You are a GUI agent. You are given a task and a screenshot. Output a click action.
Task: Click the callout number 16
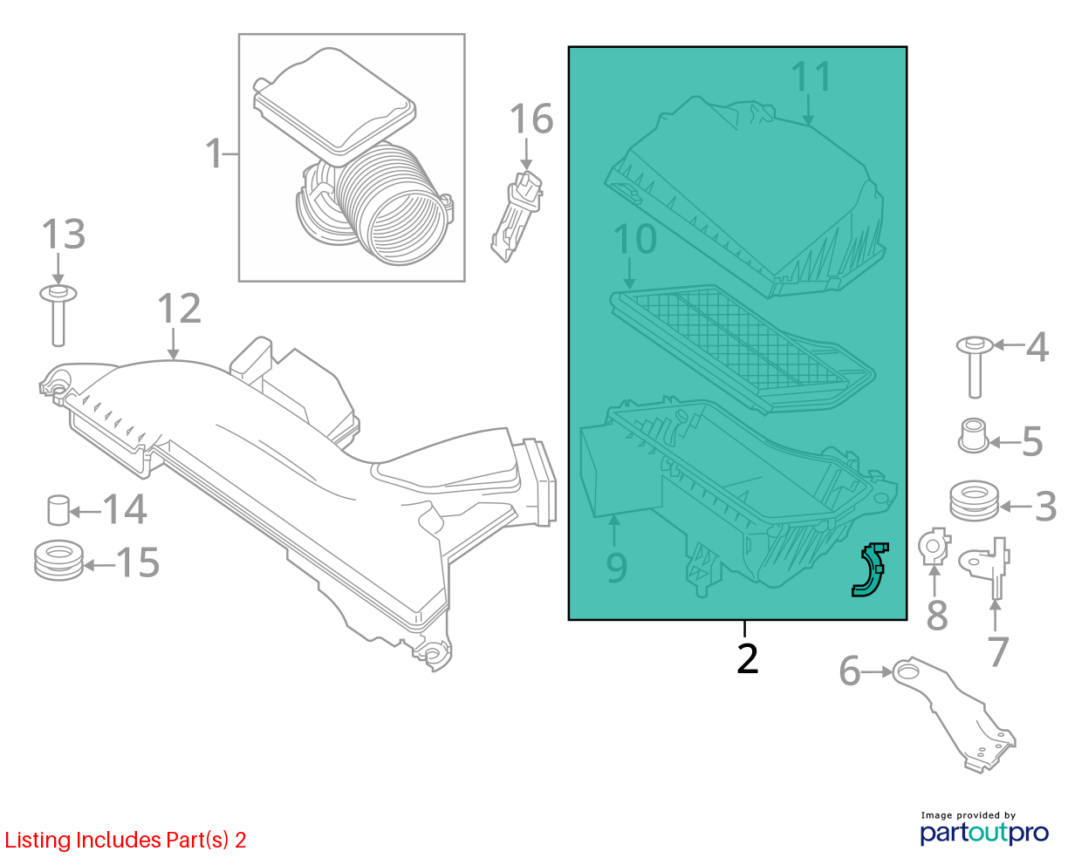(531, 119)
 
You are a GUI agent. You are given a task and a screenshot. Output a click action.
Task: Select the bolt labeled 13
(58, 316)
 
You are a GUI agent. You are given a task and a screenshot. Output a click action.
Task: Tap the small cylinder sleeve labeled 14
(58, 510)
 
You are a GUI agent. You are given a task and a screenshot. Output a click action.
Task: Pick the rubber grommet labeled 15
(59, 561)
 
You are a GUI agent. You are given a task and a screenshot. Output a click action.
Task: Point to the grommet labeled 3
(974, 501)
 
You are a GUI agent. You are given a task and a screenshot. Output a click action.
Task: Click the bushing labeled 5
(973, 435)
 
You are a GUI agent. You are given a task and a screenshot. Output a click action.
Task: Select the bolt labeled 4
(975, 367)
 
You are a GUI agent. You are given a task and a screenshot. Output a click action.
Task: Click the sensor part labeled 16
(517, 215)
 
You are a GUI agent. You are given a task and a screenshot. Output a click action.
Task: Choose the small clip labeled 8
(934, 546)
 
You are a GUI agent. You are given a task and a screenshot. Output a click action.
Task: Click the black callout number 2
(747, 658)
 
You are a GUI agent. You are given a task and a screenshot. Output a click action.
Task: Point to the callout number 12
(179, 308)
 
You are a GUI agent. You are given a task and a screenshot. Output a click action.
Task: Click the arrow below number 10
(629, 273)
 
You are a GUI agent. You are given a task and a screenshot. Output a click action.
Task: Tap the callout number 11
(811, 77)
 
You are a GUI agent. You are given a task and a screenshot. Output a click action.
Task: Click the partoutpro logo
(984, 834)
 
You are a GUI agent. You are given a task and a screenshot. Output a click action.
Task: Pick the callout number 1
(214, 153)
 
